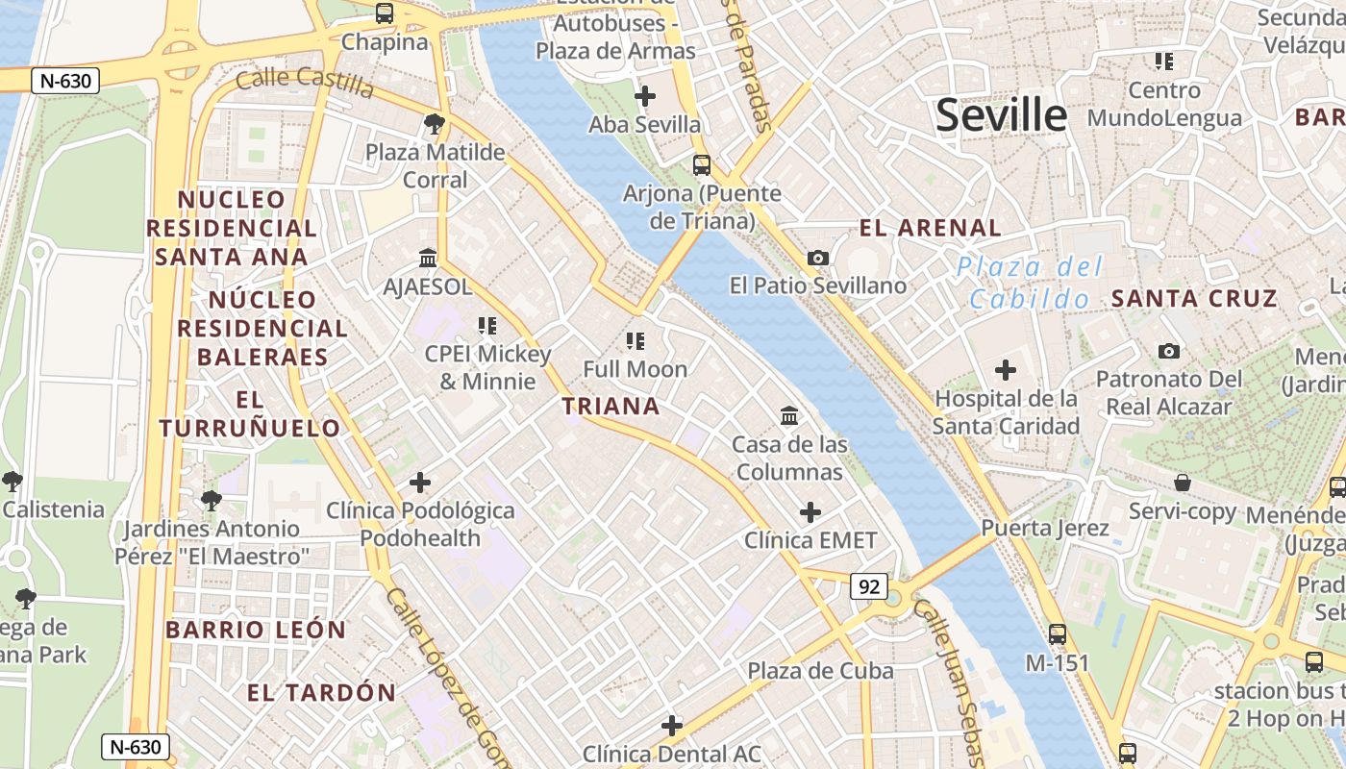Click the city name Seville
pyautogui.click(x=1001, y=115)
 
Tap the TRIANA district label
pyautogui.click(x=611, y=406)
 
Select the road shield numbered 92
pyautogui.click(x=869, y=586)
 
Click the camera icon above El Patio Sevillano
pyautogui.click(x=818, y=258)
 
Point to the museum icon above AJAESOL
pyautogui.click(x=428, y=259)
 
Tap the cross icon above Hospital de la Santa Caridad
pyautogui.click(x=1005, y=370)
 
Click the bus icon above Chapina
pyautogui.click(x=385, y=13)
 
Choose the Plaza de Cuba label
pyautogui.click(x=820, y=670)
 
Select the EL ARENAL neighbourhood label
pyautogui.click(x=930, y=228)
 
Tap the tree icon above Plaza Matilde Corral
pyautogui.click(x=435, y=123)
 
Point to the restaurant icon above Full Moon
pyautogui.click(x=635, y=340)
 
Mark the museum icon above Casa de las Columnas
pyautogui.click(x=789, y=415)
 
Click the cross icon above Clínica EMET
pyautogui.click(x=810, y=512)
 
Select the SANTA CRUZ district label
pyautogui.click(x=1194, y=298)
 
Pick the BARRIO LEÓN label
pyautogui.click(x=256, y=630)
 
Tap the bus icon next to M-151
pyautogui.click(x=1058, y=634)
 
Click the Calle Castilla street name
pyautogui.click(x=304, y=82)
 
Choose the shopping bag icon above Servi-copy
pyautogui.click(x=1183, y=483)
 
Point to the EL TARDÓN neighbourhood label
pyautogui.click(x=321, y=692)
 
